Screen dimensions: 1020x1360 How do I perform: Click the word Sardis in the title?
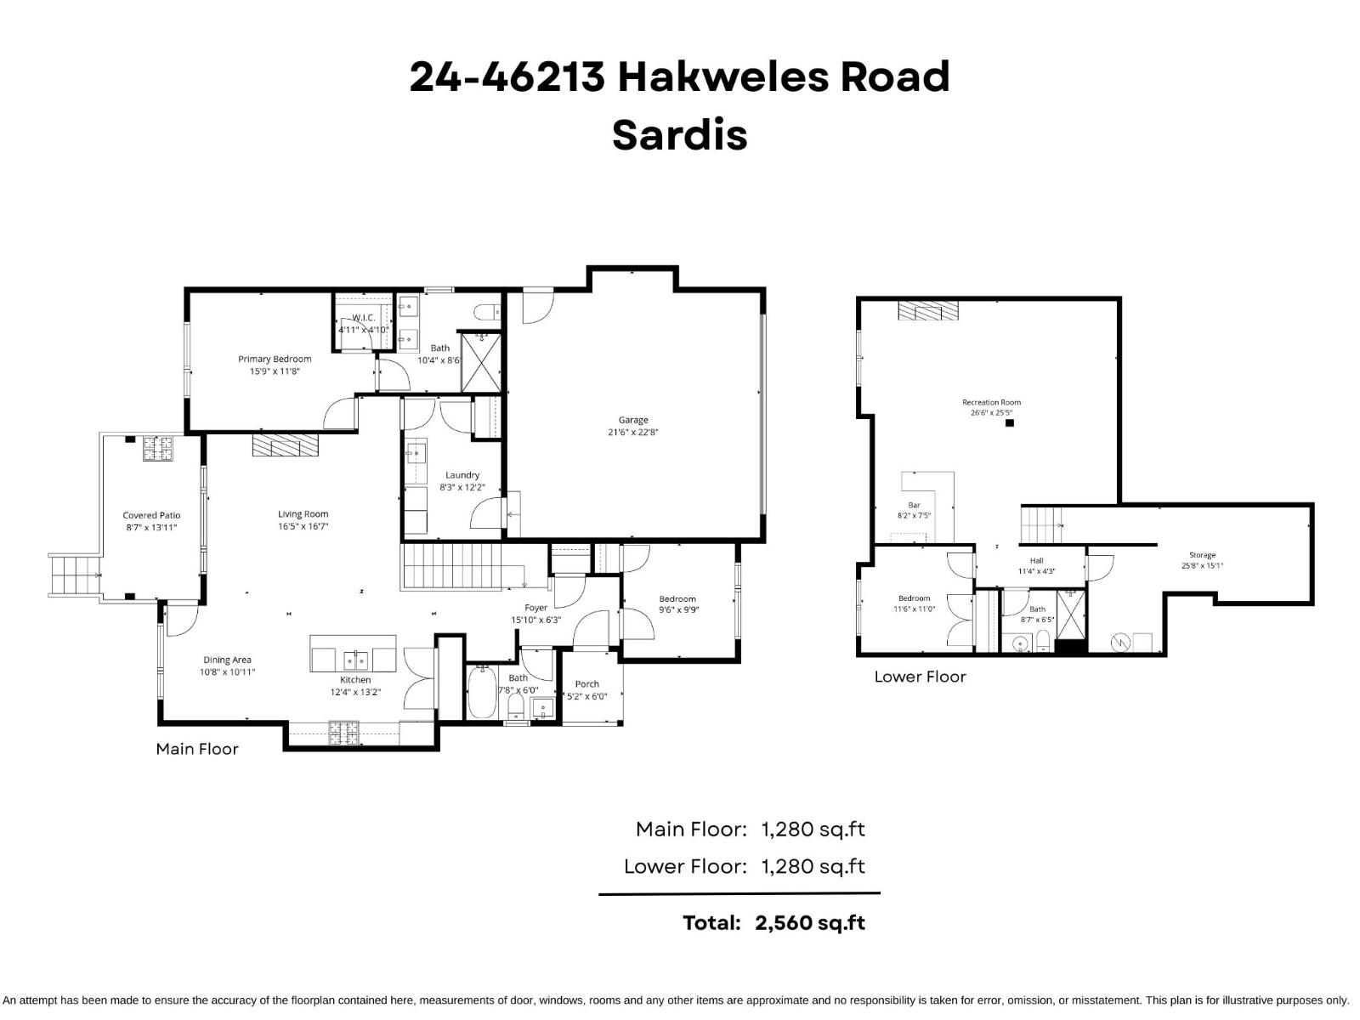(679, 135)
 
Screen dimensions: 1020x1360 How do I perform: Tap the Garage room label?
(633, 420)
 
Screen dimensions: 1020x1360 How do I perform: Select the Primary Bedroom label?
(275, 359)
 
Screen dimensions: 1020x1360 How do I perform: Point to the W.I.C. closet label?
(363, 317)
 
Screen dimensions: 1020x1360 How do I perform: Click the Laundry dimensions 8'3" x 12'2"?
(462, 488)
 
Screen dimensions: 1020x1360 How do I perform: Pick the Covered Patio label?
(151, 515)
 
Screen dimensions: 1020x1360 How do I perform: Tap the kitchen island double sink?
(354, 660)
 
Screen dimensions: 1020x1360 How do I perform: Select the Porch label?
(586, 683)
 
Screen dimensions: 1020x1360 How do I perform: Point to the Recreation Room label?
(991, 402)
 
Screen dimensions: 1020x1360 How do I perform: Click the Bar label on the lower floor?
(914, 505)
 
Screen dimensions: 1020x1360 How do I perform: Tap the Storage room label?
(1202, 555)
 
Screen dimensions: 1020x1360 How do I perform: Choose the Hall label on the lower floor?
(1036, 560)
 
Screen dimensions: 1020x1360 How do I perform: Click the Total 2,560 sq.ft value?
(809, 923)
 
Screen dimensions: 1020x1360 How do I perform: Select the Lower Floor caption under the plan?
(920, 677)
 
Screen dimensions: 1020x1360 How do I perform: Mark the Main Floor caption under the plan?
(197, 749)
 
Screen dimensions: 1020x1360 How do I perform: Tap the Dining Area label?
(227, 660)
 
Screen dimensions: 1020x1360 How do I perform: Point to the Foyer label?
(535, 608)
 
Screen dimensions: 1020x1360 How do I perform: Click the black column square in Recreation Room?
(1010, 422)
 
